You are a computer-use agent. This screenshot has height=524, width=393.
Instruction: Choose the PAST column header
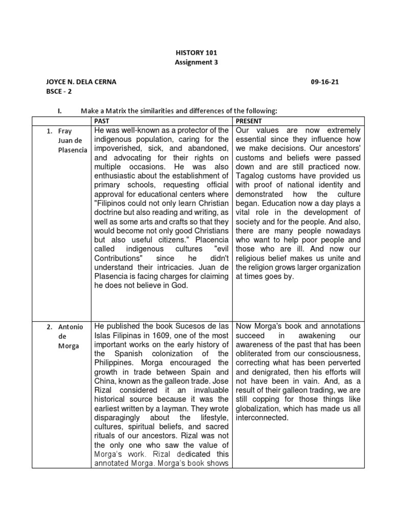click(102, 121)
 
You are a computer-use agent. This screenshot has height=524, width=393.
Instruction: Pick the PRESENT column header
click(249, 121)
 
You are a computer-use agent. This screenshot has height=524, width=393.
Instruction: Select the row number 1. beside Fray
click(50, 131)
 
